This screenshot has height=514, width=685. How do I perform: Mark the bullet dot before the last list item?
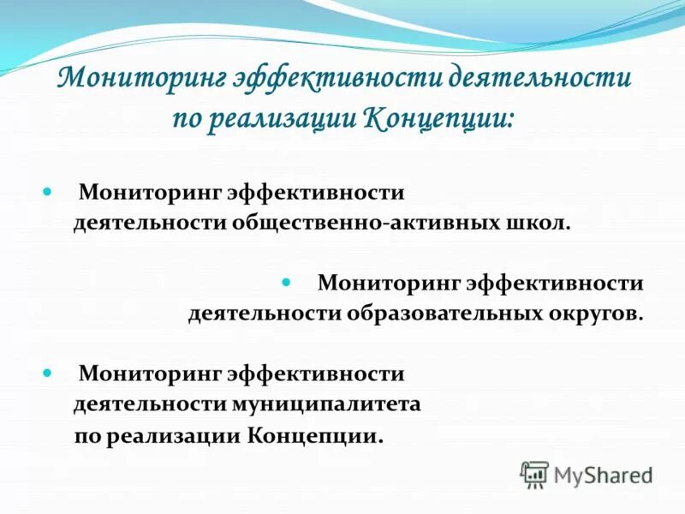tap(48, 374)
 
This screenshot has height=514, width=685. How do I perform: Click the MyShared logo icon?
tap(534, 474)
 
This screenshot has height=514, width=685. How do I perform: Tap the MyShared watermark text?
tap(603, 474)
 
